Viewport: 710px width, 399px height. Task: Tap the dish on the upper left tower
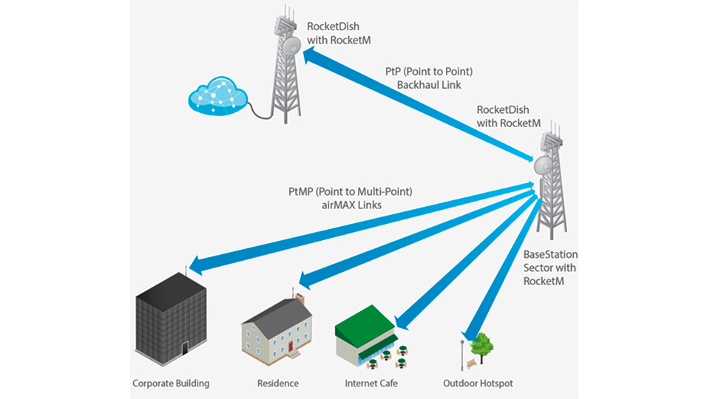pyautogui.click(x=290, y=47)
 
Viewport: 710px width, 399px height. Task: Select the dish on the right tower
pyautogui.click(x=544, y=163)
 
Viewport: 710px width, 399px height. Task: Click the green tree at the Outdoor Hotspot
pyautogui.click(x=482, y=344)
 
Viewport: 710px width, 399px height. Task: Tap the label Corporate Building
pyautogui.click(x=171, y=383)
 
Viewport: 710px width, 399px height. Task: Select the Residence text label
pyautogui.click(x=278, y=383)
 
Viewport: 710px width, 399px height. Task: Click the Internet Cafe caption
pyautogui.click(x=371, y=383)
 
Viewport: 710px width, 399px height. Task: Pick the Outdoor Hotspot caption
pyautogui.click(x=478, y=383)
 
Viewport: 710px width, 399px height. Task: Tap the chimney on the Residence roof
pyautogui.click(x=300, y=298)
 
